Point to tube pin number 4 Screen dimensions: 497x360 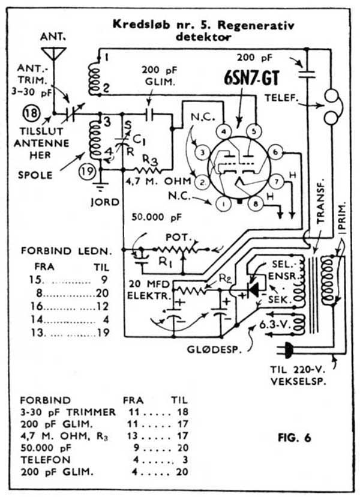223,130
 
